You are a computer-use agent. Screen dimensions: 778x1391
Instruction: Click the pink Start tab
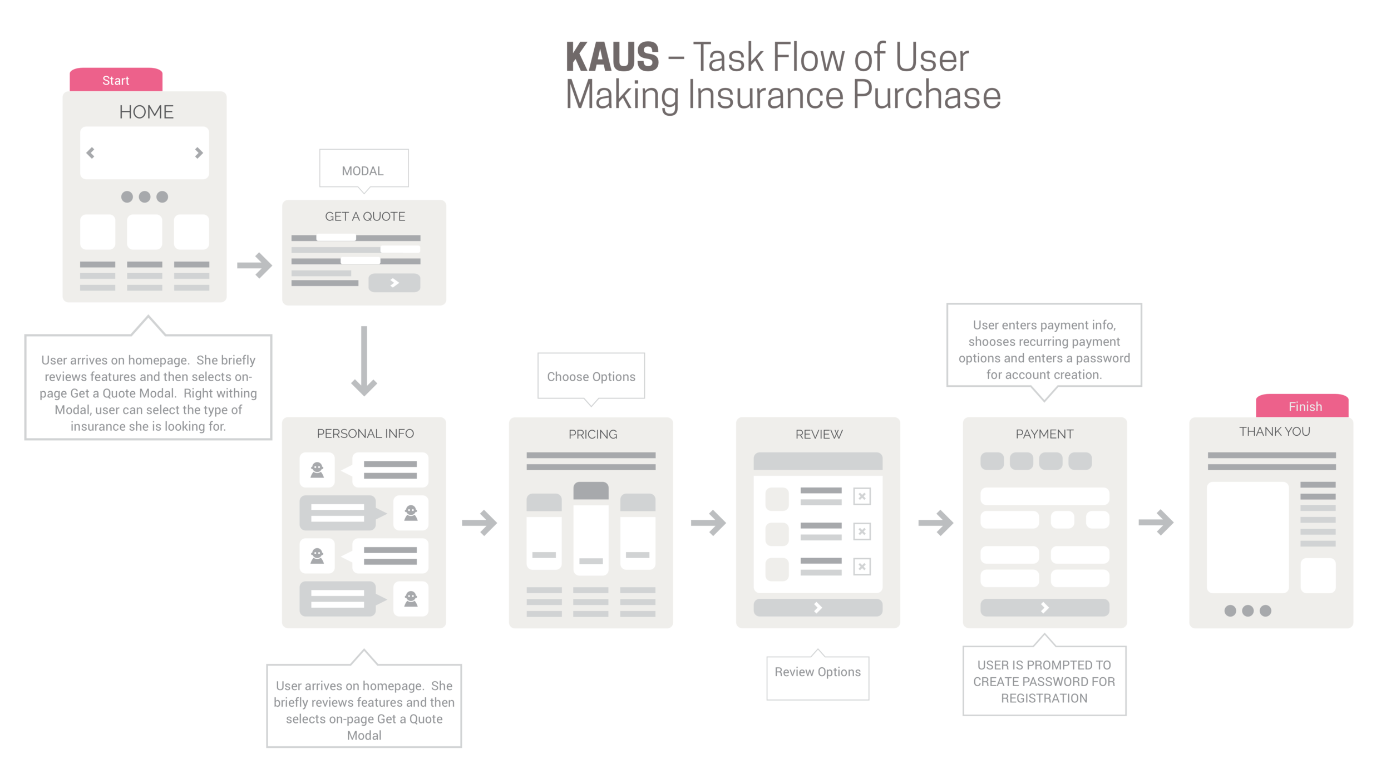coord(116,80)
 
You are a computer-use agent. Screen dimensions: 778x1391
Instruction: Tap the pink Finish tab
coord(1304,406)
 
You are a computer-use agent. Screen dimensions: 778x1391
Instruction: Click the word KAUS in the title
coord(612,57)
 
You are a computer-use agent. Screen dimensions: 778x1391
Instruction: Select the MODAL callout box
coord(363,169)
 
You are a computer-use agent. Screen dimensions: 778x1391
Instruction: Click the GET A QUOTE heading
coord(365,216)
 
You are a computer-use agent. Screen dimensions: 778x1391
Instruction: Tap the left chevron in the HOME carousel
coord(91,152)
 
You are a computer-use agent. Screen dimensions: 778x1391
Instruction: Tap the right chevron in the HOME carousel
coord(199,152)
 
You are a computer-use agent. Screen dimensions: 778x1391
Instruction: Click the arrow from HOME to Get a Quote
coord(255,265)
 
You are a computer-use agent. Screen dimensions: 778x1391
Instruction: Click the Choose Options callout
coord(591,376)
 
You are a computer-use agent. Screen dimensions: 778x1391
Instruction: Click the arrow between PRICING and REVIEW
coord(708,523)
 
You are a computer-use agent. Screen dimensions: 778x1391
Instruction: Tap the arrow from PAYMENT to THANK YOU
coord(1156,523)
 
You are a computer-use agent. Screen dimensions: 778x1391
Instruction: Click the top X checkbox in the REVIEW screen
coord(862,496)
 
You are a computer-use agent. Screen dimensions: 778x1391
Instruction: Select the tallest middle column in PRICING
coord(591,529)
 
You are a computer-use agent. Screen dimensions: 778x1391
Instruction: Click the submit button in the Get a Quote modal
coord(394,283)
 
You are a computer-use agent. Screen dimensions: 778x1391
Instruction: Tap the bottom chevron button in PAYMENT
coord(1044,608)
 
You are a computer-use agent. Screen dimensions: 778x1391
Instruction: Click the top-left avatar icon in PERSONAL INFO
coord(317,470)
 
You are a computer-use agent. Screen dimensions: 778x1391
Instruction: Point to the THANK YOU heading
coord(1274,431)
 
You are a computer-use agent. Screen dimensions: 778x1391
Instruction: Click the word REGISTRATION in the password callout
coord(1044,698)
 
